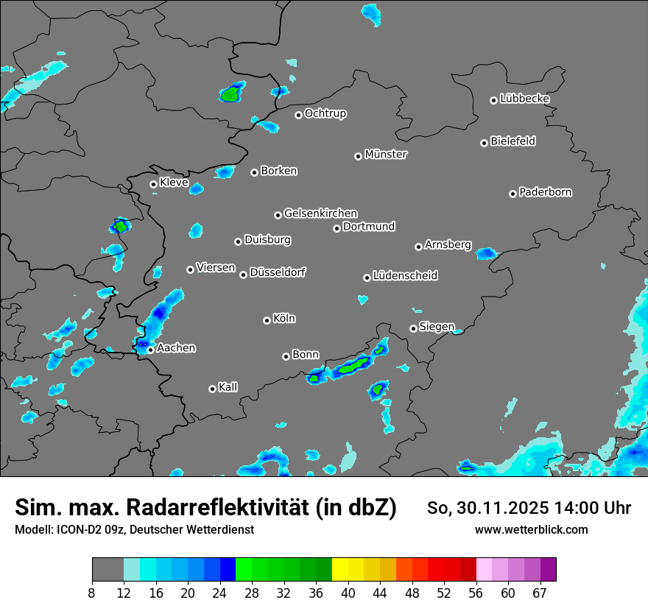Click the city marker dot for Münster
tap(359, 156)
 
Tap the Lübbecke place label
tap(524, 99)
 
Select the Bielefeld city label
tap(513, 141)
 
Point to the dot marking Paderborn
tap(513, 194)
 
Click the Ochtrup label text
tap(325, 113)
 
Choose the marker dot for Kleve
tap(153, 184)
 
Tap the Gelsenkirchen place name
tap(320, 213)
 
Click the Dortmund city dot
tap(337, 228)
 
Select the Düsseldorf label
tap(278, 272)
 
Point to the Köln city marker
tap(267, 320)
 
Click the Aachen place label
tap(176, 347)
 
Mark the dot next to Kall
tap(212, 389)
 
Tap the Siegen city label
tap(437, 326)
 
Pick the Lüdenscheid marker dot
tap(367, 278)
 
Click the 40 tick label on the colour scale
tap(348, 593)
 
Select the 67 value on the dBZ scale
tap(540, 593)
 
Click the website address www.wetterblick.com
tap(531, 529)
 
